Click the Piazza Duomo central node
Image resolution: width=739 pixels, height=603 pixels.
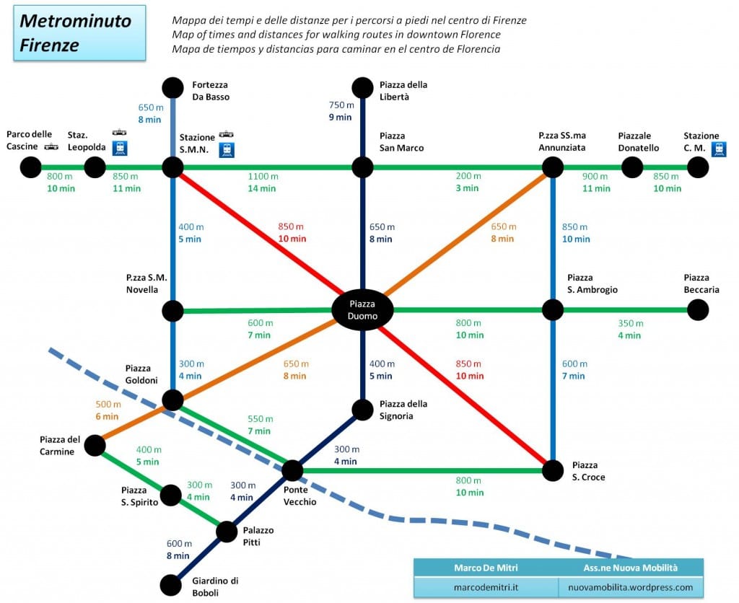[362, 310]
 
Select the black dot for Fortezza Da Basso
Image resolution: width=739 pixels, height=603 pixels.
[172, 88]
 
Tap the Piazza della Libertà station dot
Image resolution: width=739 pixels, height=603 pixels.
[362, 88]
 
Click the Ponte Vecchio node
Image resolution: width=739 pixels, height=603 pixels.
[292, 470]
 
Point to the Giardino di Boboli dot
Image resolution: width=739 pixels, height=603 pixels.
[170, 584]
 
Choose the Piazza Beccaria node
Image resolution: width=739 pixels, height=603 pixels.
[697, 310]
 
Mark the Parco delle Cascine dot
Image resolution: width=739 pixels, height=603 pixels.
[30, 168]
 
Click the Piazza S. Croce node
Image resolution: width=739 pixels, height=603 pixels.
[553, 470]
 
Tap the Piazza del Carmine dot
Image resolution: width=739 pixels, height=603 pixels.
[95, 446]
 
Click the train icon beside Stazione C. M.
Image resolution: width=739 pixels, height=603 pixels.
[719, 149]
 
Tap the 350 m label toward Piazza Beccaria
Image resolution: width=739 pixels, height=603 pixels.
[629, 323]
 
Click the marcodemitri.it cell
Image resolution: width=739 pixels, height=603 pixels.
[486, 587]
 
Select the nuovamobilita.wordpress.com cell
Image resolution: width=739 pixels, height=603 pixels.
[631, 587]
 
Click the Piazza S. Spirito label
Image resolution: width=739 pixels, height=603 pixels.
[140, 496]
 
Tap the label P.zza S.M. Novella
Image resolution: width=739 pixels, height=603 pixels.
[147, 283]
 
